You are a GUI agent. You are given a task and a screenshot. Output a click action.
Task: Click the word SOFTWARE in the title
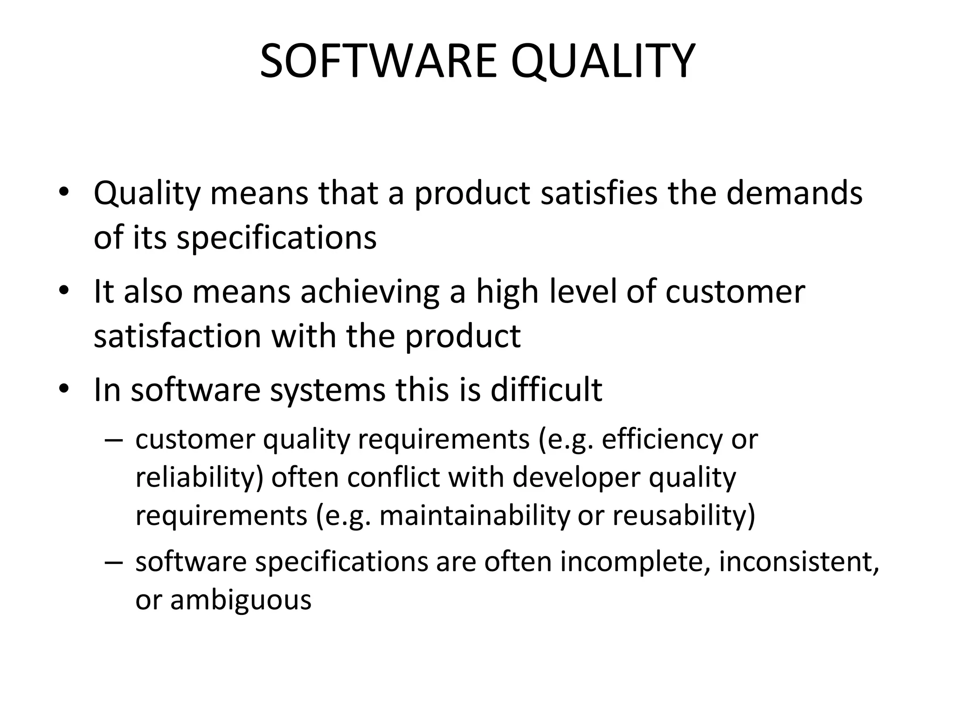coord(378,61)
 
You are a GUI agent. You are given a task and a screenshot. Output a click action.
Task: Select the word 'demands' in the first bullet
coord(794,193)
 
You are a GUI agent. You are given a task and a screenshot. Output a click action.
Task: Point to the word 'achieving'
coord(370,292)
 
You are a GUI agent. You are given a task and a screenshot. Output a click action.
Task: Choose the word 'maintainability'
coord(475,516)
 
